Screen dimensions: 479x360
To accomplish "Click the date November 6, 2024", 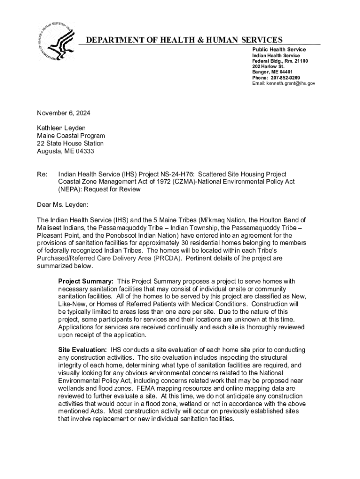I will coord(64,113).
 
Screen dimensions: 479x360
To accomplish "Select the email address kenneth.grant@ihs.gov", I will coord(291,83).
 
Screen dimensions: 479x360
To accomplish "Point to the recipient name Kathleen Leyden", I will coord(61,128).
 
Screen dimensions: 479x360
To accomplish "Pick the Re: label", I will coord(42,174).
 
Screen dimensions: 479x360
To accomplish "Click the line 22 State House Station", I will coord(70,144).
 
